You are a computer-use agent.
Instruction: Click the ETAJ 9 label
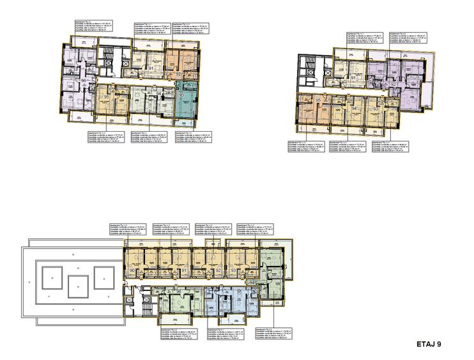428,344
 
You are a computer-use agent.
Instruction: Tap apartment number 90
132,271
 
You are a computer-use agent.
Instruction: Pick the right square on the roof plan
103,277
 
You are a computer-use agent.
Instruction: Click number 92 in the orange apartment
178,74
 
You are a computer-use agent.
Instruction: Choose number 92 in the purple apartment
394,84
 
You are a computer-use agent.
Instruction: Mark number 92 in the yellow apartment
218,270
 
